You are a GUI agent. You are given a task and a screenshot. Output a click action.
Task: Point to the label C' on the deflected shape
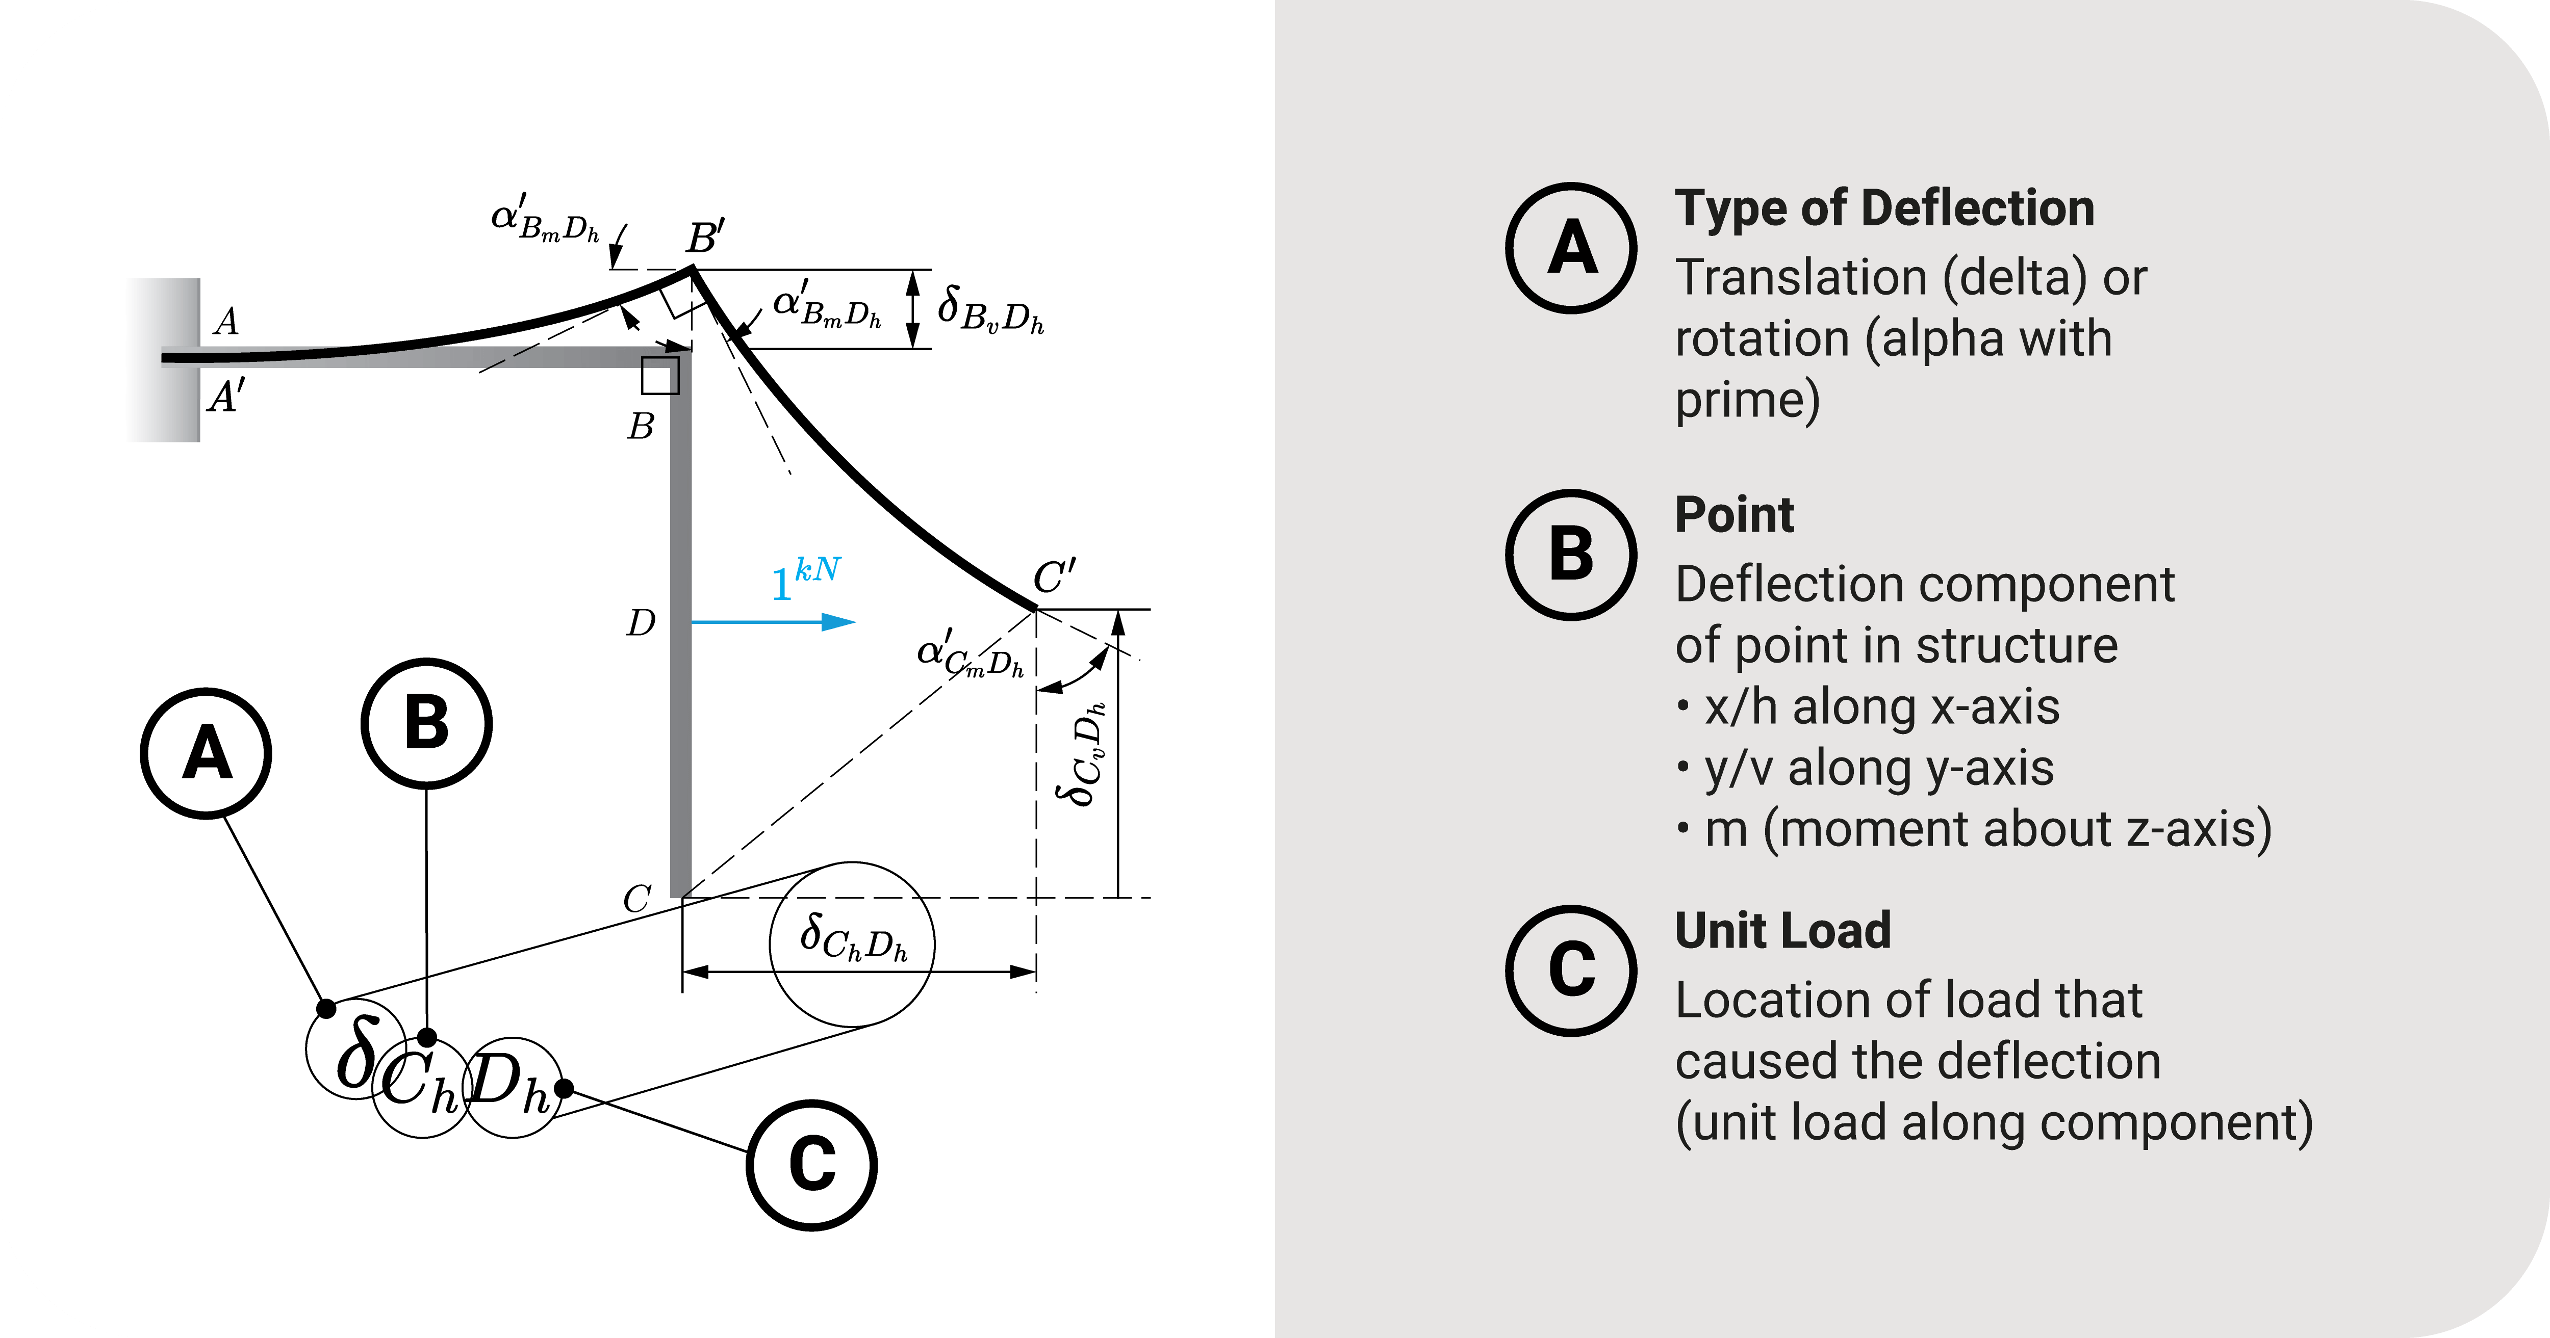1054,576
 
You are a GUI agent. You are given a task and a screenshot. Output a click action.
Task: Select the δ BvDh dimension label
990,310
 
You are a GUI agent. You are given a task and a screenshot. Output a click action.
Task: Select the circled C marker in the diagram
812,1165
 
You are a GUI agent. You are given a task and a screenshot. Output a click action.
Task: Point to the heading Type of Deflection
1884,209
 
